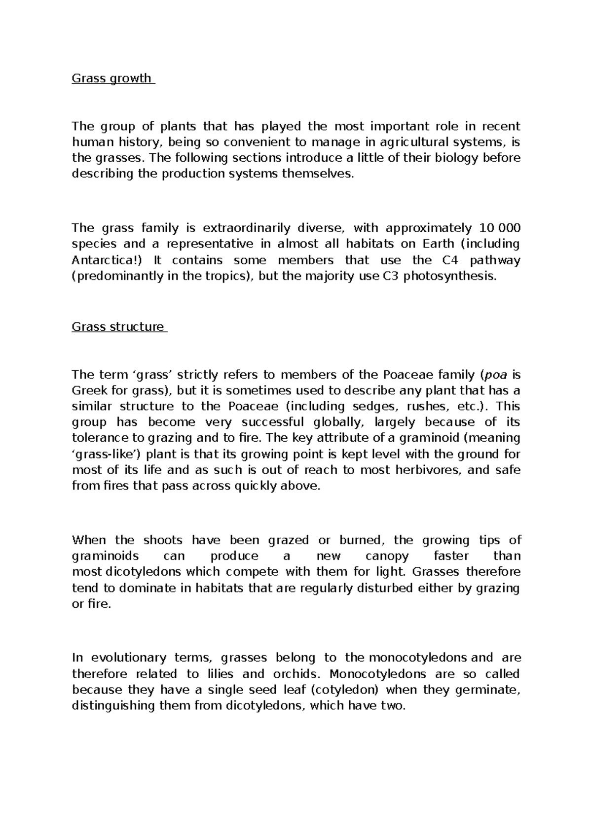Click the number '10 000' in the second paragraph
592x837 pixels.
pyautogui.click(x=500, y=228)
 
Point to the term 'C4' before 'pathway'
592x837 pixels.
pyautogui.click(x=449, y=260)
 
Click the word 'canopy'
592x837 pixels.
pyautogui.click(x=387, y=556)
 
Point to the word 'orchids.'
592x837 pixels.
pyautogui.click(x=296, y=674)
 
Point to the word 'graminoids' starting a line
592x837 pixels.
pyautogui.click(x=105, y=556)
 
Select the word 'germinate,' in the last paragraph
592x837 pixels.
pyautogui.click(x=488, y=690)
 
